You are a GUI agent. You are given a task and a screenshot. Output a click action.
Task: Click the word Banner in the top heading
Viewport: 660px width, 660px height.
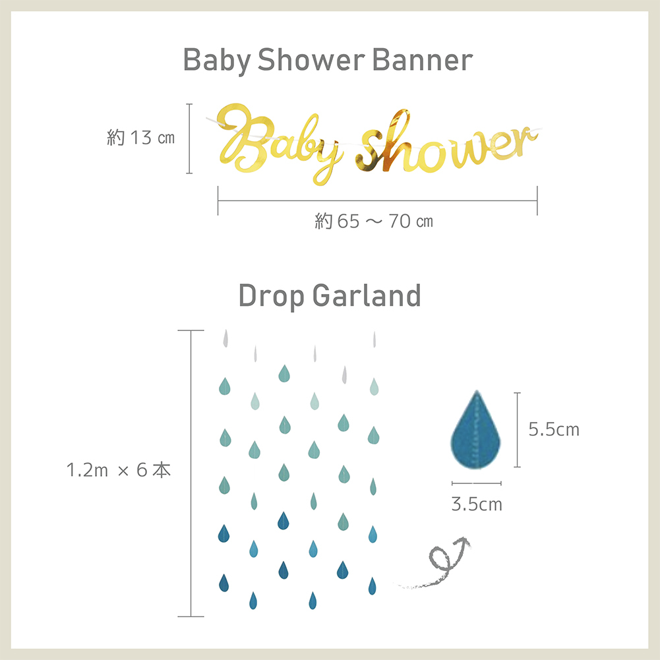[x=422, y=60]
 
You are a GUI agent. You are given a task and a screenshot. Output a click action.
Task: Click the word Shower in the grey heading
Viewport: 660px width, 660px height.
[x=311, y=60]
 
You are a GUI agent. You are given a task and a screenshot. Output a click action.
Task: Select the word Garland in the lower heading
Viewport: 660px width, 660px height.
[x=367, y=295]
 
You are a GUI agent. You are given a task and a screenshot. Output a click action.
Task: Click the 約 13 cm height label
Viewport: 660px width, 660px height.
[x=140, y=138]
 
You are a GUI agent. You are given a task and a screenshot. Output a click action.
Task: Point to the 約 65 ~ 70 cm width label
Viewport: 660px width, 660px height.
[x=374, y=221]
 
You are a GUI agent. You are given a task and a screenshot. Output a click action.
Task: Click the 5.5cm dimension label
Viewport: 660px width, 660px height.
[x=554, y=429]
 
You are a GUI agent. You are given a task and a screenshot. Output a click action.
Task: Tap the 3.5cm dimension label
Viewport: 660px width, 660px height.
[x=477, y=504]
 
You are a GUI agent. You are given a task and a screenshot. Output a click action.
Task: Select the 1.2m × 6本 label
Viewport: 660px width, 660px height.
[x=119, y=469]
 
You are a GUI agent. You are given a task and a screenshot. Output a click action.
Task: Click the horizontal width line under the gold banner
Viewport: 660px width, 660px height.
[x=378, y=201]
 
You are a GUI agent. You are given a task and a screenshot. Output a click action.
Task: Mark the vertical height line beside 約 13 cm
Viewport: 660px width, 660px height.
[x=189, y=138]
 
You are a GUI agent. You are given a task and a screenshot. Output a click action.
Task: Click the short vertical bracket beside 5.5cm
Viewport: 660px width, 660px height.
[x=518, y=430]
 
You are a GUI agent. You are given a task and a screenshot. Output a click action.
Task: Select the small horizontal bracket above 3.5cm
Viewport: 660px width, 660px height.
[x=477, y=483]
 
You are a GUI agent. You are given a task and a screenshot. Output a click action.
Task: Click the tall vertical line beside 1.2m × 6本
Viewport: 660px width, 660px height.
[x=191, y=473]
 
